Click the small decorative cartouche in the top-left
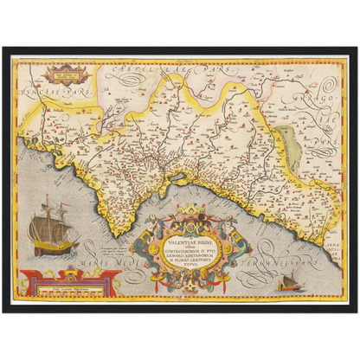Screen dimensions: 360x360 point(61,76)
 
